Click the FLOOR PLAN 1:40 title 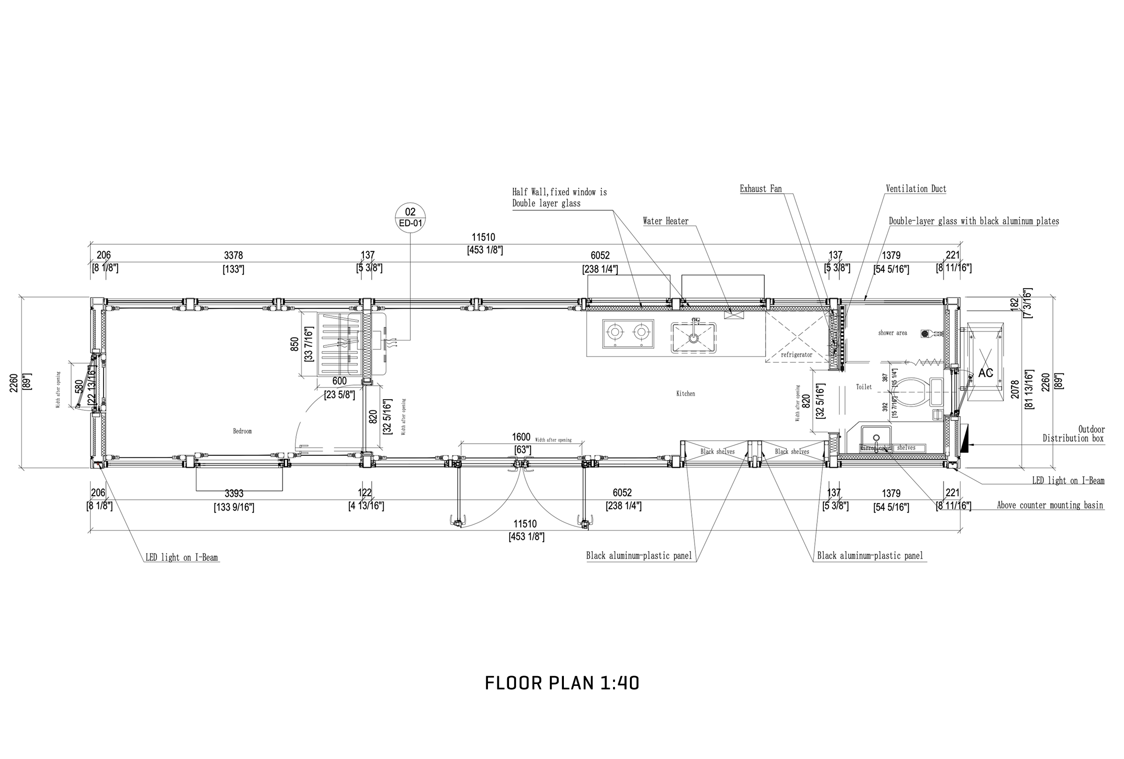pyautogui.click(x=562, y=683)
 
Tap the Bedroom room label pyautogui.click(x=242, y=431)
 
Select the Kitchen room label pyautogui.click(x=685, y=394)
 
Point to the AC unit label pyautogui.click(x=985, y=373)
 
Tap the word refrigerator pyautogui.click(x=797, y=355)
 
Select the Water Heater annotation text pyautogui.click(x=666, y=221)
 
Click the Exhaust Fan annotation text pyautogui.click(x=760, y=189)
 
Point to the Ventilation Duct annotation pyautogui.click(x=916, y=189)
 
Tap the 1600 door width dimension pyautogui.click(x=521, y=437)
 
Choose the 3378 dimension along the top pyautogui.click(x=233, y=255)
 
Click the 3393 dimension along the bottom pyautogui.click(x=234, y=493)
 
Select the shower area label pyautogui.click(x=892, y=333)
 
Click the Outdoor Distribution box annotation pyautogui.click(x=1073, y=434)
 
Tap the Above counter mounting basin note pyautogui.click(x=1050, y=505)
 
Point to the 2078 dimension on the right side pyautogui.click(x=1015, y=389)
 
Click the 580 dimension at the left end pyautogui.click(x=79, y=387)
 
